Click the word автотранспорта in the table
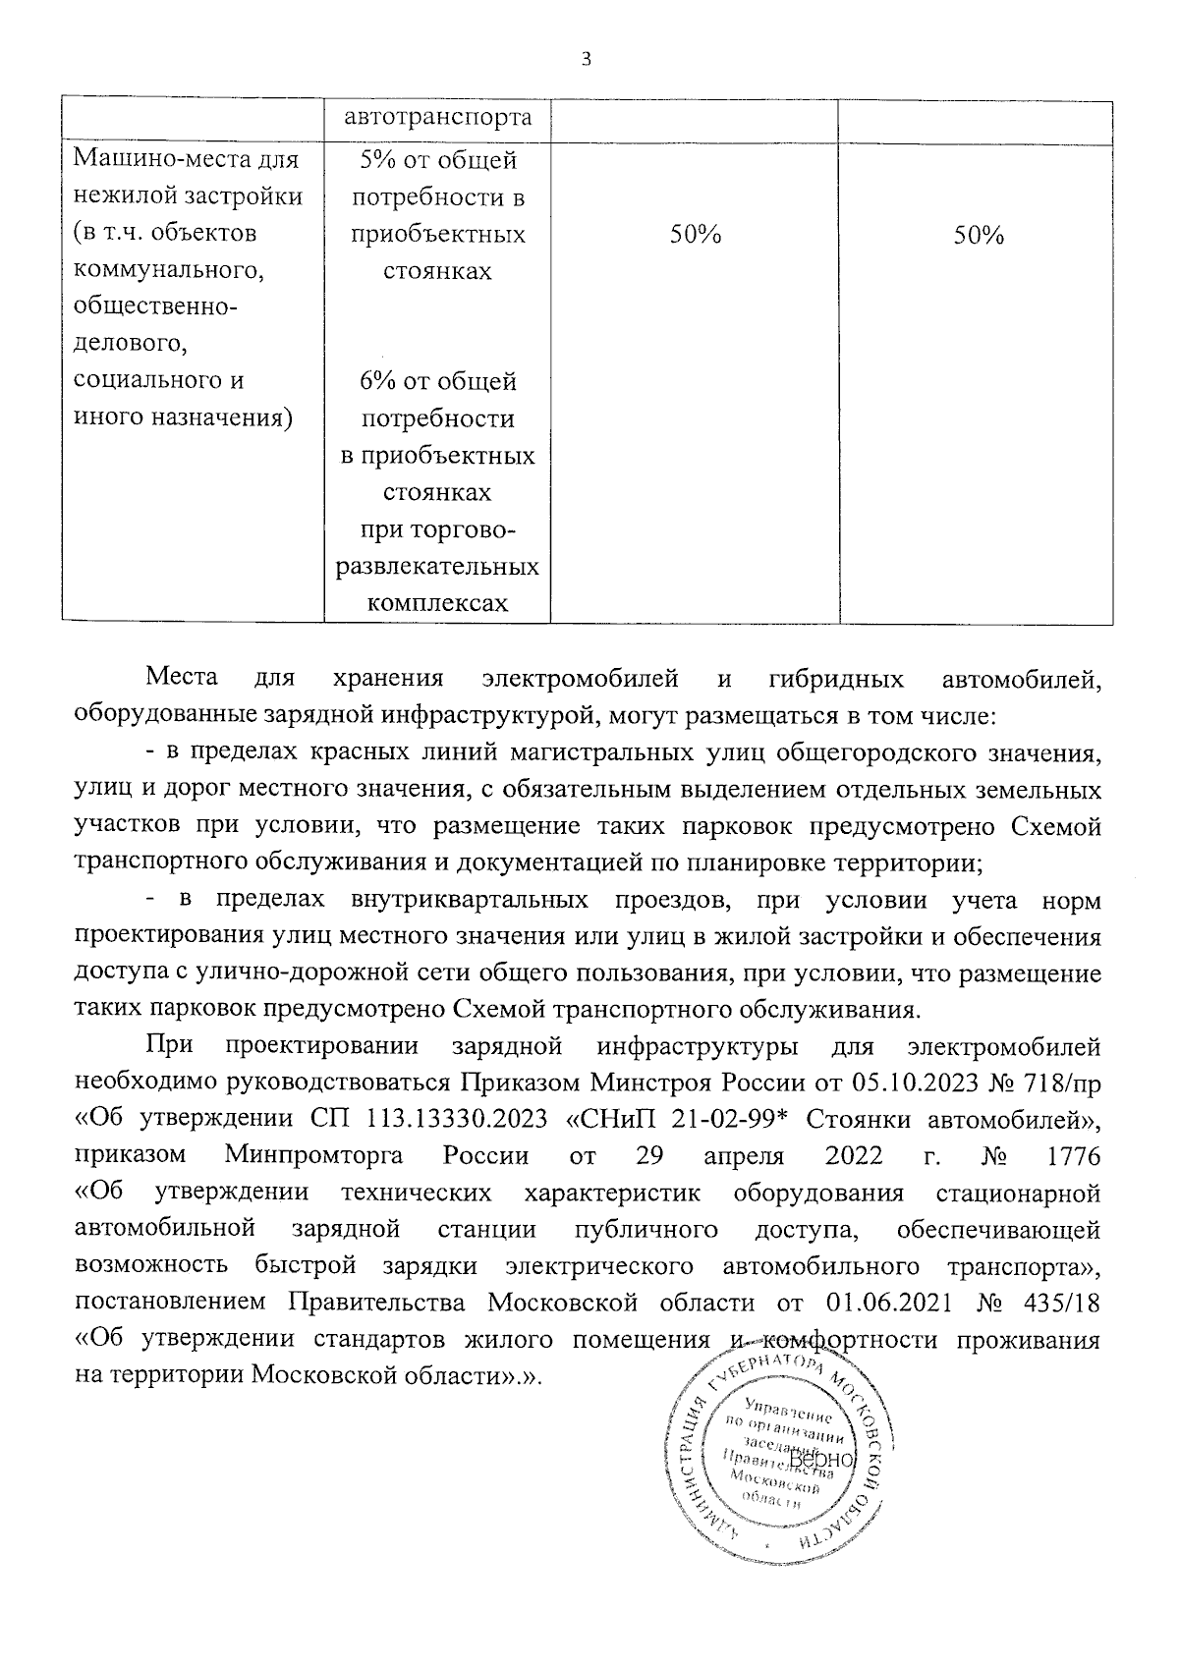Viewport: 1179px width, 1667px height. [437, 118]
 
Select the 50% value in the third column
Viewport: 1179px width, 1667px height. [696, 236]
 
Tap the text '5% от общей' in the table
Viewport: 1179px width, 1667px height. [437, 161]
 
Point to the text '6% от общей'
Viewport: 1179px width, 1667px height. [437, 381]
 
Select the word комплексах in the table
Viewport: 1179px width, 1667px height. [437, 602]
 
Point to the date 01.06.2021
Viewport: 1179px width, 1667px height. [892, 1303]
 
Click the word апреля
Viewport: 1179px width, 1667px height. [748, 1155]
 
